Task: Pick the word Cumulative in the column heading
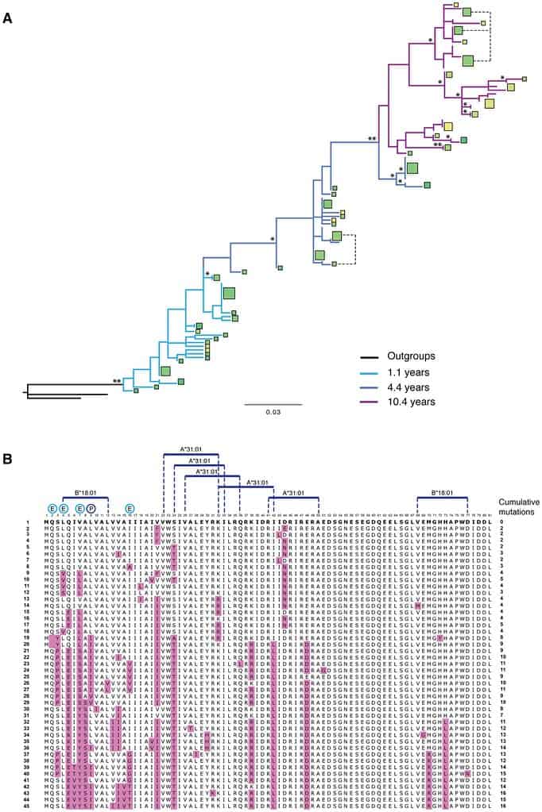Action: [517, 502]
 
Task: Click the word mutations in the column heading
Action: [517, 513]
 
